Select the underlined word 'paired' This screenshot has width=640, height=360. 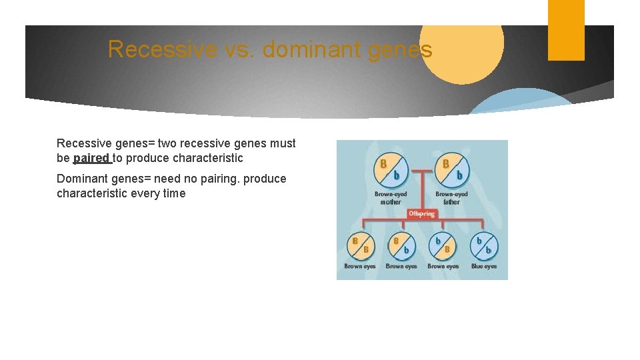click(x=91, y=158)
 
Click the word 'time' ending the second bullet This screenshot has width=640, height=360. click(x=173, y=193)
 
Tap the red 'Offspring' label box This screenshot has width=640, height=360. click(x=421, y=214)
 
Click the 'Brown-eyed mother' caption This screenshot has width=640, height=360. click(x=391, y=198)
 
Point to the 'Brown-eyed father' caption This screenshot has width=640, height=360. click(x=452, y=198)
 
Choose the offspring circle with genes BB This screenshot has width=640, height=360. click(x=360, y=245)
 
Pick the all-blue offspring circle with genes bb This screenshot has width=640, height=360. click(x=484, y=245)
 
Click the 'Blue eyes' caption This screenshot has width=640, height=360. click(x=484, y=267)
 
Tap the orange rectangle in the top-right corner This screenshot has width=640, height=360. click(x=566, y=30)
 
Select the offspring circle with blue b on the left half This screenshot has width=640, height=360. click(x=443, y=245)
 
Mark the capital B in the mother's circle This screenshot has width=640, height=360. click(x=383, y=163)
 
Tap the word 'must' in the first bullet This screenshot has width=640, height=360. click(x=283, y=143)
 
